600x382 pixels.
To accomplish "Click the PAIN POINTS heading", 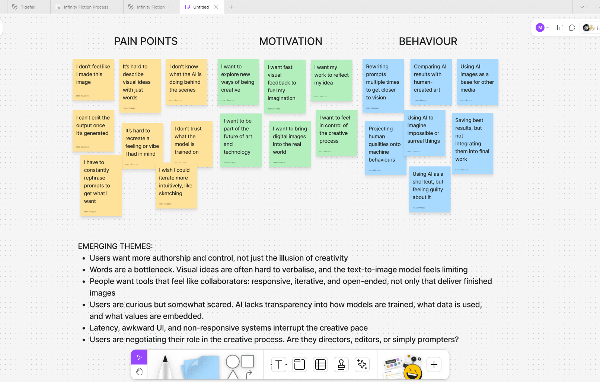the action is point(146,41).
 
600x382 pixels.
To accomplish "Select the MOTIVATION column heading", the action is point(291,41).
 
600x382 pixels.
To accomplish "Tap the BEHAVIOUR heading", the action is point(428,41).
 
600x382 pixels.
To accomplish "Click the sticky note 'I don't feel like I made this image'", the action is point(93,79).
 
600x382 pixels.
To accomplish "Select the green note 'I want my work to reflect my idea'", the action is point(331,80).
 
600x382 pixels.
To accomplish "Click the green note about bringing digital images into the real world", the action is point(290,144).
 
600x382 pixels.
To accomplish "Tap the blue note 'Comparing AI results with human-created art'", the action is point(431,81).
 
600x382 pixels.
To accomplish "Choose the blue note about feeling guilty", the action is point(430,189).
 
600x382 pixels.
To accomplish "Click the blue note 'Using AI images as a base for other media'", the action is point(477,81).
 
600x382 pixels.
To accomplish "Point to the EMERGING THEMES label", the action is point(115,246).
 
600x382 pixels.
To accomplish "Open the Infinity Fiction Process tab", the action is point(86,7).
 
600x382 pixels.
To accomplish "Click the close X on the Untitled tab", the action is point(216,7).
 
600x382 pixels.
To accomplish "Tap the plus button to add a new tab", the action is point(231,7).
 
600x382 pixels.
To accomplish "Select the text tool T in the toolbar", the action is point(279,365).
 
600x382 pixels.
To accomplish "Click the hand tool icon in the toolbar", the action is point(139,372).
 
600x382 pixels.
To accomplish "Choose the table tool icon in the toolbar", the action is point(320,365).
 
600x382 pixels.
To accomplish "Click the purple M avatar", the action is point(540,28).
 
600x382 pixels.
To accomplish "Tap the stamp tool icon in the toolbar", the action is point(341,365).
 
